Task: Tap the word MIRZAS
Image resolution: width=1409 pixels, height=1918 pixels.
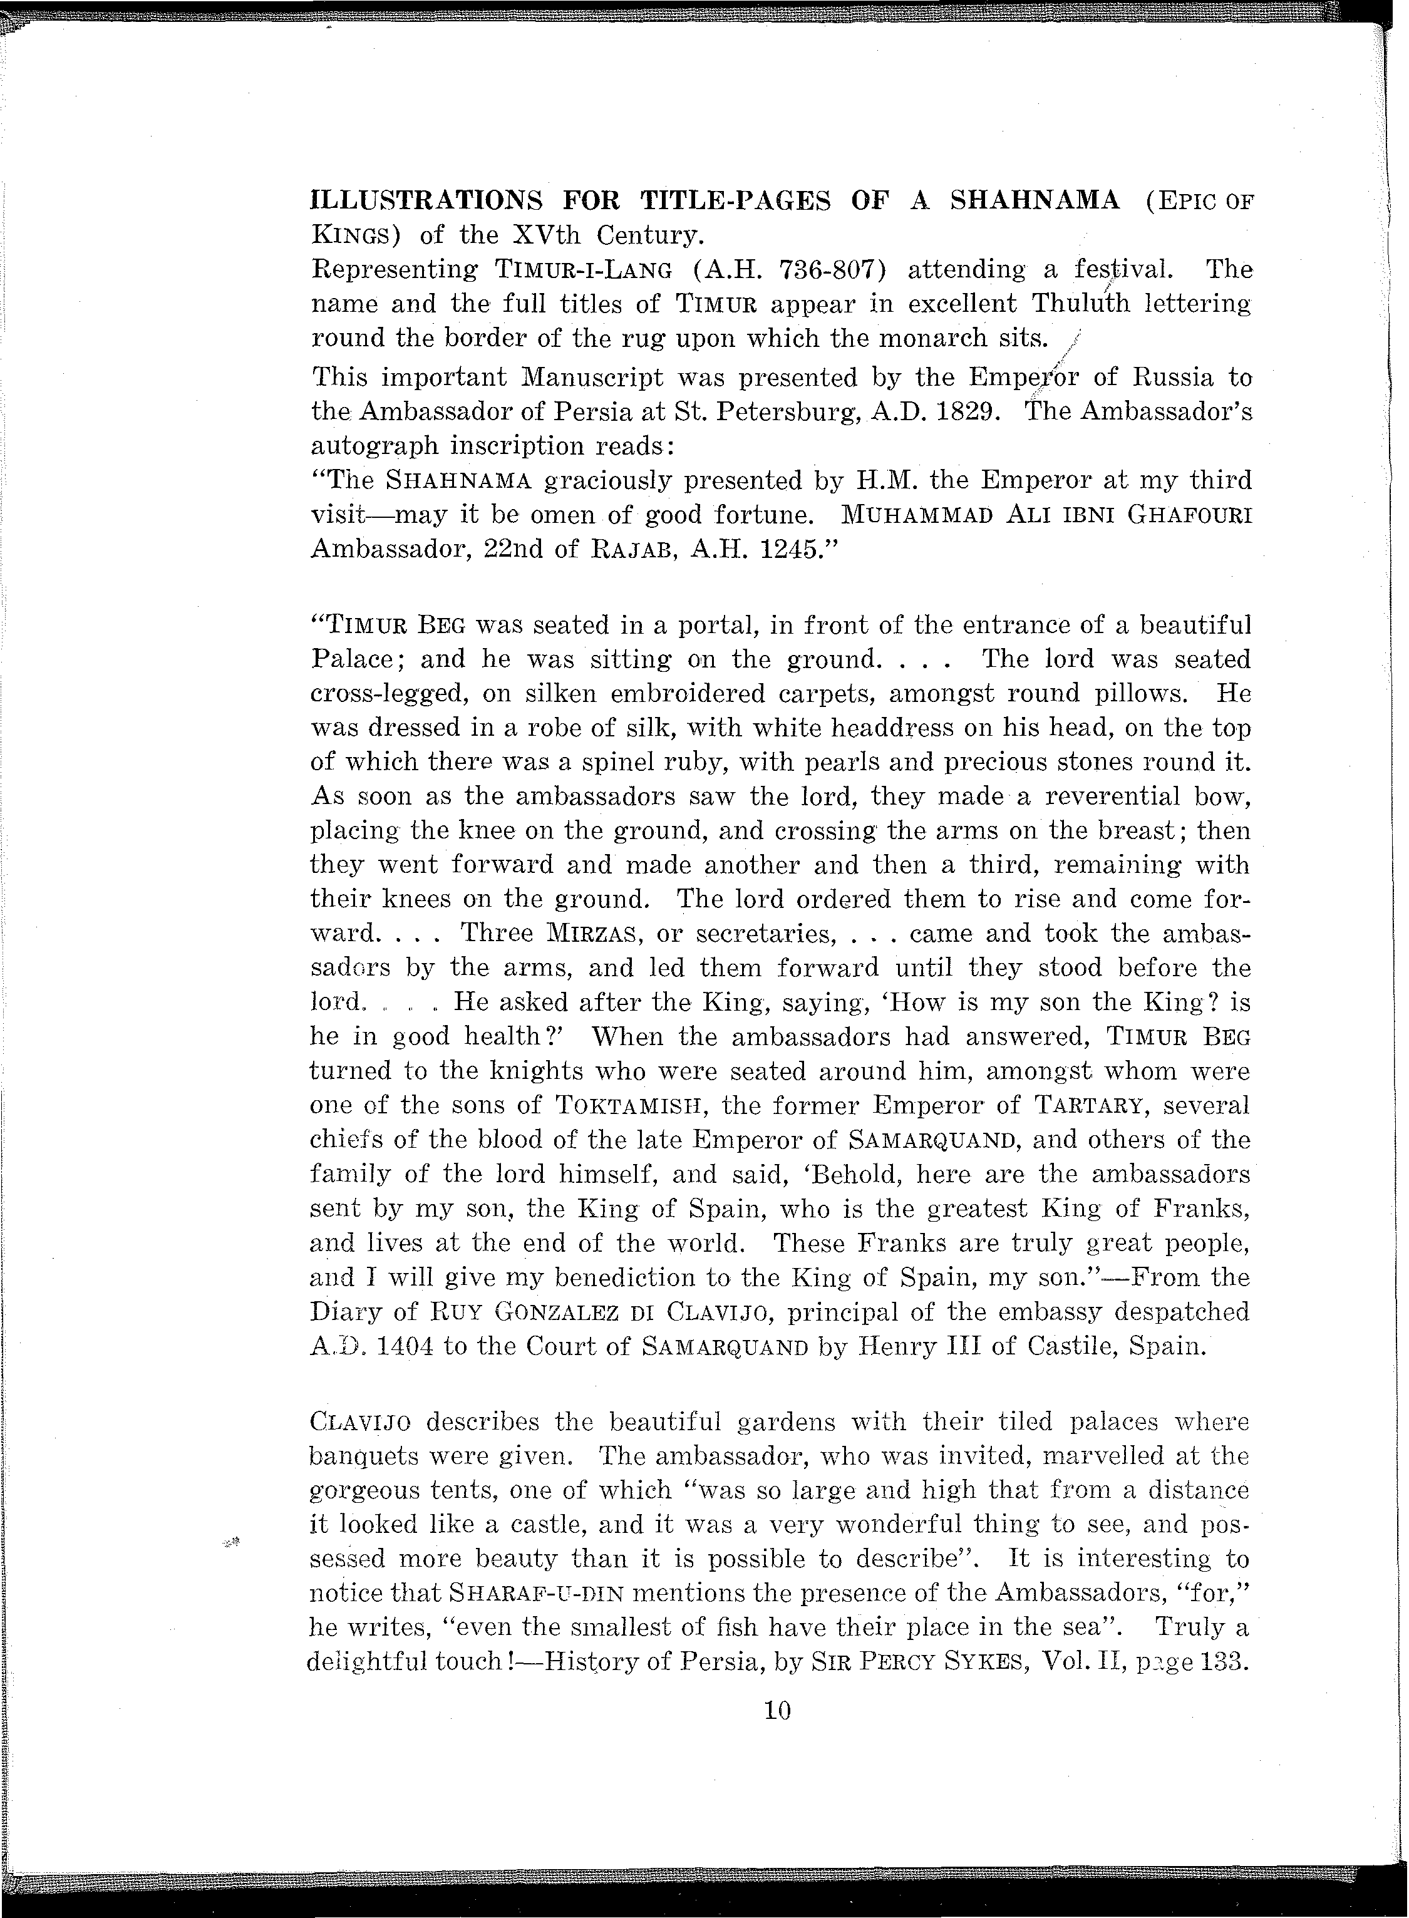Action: coord(594,934)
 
